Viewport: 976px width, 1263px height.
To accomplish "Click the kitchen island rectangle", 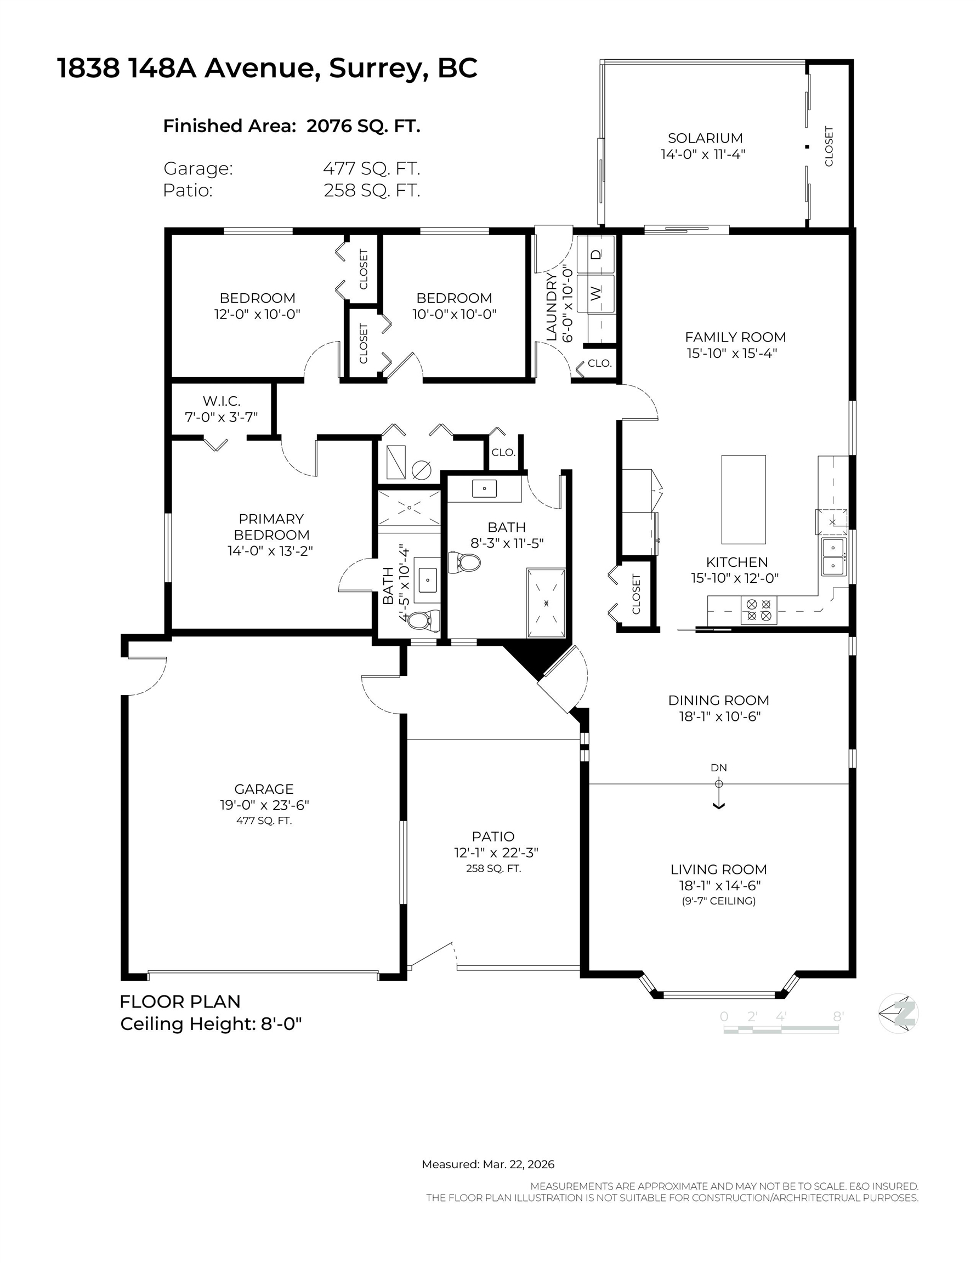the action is [743, 499].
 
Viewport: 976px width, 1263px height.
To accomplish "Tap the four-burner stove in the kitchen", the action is [758, 610].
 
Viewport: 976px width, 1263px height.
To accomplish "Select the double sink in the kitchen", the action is [833, 556].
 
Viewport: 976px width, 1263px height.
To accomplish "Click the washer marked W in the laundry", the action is [595, 293].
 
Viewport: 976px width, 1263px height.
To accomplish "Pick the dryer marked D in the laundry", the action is [595, 254].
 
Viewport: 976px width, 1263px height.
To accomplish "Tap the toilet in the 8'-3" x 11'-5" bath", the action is [464, 562].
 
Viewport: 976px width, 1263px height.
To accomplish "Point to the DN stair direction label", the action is [718, 768].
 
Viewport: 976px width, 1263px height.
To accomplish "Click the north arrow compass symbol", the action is [898, 1013].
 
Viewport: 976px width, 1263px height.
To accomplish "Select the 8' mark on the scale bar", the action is [838, 1016].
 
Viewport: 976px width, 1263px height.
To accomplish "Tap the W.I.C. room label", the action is [222, 401].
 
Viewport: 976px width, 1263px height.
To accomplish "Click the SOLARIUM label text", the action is [705, 138].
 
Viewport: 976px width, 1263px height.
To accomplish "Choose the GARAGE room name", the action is [264, 789].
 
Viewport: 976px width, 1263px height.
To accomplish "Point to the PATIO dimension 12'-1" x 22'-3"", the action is [496, 852].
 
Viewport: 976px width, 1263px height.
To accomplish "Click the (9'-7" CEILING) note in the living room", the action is [718, 901].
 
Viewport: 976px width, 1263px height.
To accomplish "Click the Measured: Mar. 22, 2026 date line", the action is [487, 1164].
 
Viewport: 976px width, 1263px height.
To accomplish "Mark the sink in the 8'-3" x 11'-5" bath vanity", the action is [484, 488].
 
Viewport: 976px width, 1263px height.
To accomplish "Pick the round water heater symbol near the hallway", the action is [421, 470].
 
